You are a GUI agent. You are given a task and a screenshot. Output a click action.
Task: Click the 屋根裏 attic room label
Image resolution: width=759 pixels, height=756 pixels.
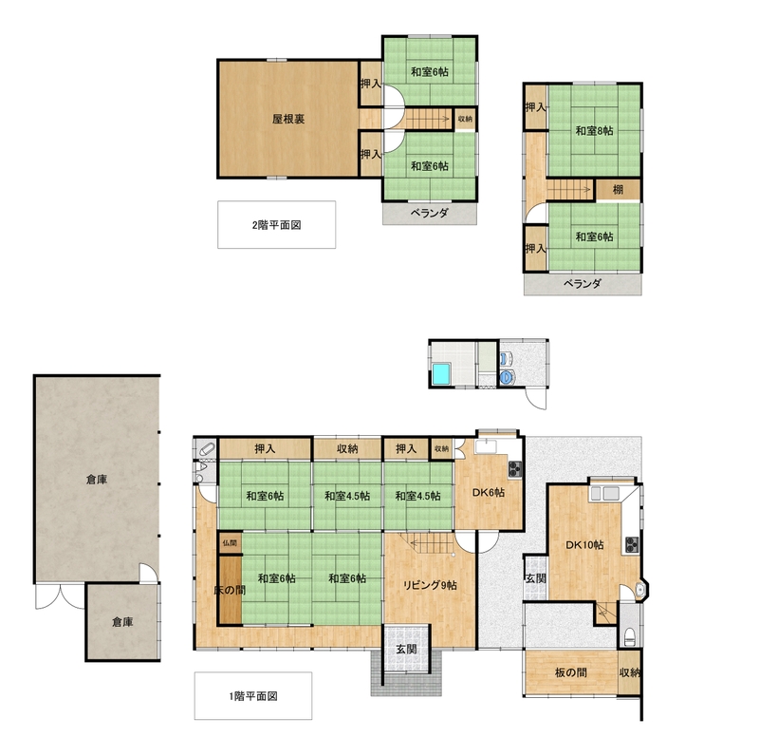(x=288, y=119)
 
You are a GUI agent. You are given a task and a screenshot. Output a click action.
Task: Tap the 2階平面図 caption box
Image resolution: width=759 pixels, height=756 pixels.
(x=276, y=224)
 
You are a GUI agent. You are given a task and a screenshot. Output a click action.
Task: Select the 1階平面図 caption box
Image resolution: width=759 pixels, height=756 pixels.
(x=252, y=695)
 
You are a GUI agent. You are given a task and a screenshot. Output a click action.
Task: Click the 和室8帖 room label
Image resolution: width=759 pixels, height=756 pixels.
(x=594, y=131)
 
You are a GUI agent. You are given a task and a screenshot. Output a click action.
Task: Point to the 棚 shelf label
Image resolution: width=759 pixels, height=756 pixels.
(x=618, y=190)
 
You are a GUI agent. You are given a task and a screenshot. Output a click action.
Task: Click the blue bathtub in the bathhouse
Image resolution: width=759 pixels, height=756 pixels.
(x=441, y=373)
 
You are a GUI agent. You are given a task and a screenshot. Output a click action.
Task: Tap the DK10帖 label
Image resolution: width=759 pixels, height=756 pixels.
(x=584, y=545)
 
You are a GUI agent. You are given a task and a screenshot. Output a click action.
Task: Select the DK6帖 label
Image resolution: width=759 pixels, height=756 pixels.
(x=489, y=492)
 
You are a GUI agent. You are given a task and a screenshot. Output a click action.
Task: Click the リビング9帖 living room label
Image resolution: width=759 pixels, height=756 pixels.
(x=430, y=585)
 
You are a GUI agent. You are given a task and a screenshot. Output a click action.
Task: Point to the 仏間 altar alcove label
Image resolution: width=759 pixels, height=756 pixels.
(x=230, y=543)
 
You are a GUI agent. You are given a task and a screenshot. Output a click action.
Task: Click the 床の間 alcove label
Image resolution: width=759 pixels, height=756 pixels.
(x=230, y=590)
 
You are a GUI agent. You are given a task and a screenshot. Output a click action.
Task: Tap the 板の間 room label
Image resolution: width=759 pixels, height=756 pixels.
(x=571, y=672)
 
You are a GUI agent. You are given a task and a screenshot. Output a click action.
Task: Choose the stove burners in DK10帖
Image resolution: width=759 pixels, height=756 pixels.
(x=632, y=545)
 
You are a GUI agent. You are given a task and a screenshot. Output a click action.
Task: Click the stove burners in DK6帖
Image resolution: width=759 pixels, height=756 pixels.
(x=514, y=468)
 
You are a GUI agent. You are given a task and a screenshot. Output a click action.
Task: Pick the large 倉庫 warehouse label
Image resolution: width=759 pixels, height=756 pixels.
(x=97, y=480)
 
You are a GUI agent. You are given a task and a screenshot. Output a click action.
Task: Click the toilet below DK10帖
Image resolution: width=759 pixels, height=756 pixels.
(x=630, y=637)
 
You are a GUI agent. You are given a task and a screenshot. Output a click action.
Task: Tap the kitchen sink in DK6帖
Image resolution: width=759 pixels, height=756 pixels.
(x=484, y=446)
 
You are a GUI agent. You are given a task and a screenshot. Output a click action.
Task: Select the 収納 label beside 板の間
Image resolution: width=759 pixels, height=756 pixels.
(x=630, y=672)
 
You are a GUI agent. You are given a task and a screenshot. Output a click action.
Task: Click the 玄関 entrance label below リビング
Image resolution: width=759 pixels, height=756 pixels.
(x=406, y=649)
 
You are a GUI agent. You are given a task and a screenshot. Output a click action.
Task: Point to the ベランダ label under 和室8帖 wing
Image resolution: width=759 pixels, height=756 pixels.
(x=583, y=283)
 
